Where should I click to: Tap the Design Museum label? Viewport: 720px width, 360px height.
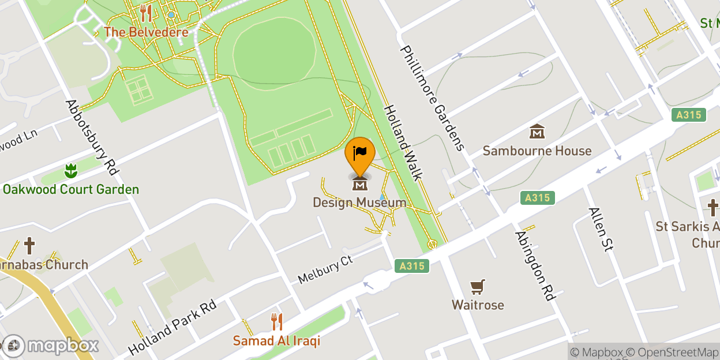click(359, 202)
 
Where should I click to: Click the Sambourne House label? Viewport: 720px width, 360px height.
click(537, 151)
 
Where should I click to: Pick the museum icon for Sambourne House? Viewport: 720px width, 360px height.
click(537, 132)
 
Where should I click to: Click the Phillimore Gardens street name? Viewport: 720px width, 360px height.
click(432, 98)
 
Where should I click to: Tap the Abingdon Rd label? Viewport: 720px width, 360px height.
click(535, 265)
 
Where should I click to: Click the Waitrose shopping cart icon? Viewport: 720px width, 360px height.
click(478, 287)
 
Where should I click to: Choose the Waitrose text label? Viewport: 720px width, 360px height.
click(478, 305)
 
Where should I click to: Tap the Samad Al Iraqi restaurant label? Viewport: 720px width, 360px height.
click(276, 341)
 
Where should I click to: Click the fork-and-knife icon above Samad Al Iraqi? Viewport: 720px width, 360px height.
click(277, 321)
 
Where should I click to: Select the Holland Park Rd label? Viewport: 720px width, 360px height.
click(172, 327)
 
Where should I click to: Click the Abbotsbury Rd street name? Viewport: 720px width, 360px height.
click(92, 137)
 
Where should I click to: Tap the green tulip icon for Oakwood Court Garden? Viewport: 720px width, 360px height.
click(70, 171)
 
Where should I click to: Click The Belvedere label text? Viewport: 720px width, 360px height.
click(146, 32)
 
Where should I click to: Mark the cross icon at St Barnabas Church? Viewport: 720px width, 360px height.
click(29, 246)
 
